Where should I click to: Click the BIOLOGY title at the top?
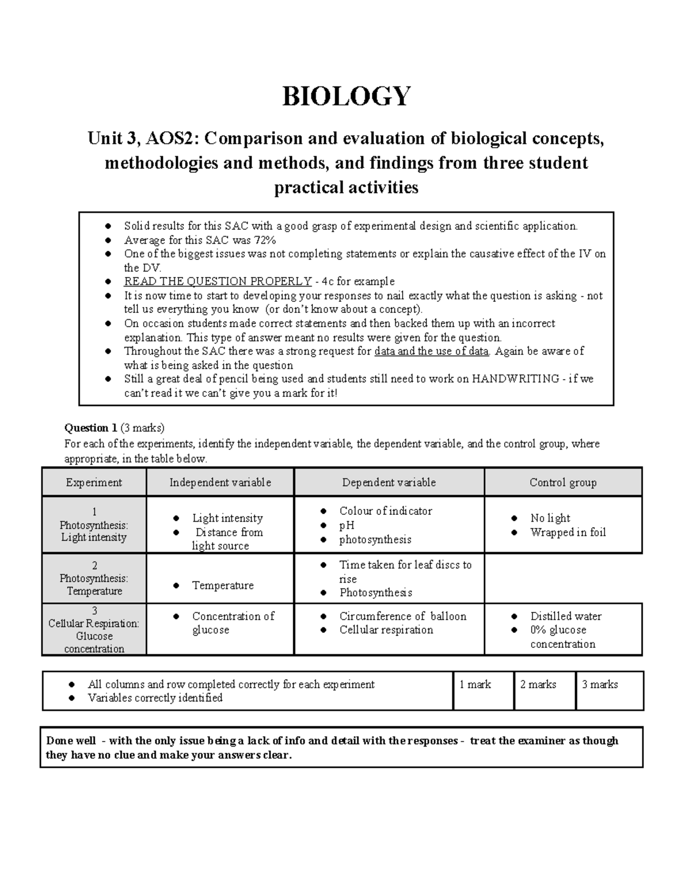pos(346,96)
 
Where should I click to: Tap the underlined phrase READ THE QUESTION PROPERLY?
pos(218,282)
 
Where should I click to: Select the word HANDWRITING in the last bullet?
pos(515,379)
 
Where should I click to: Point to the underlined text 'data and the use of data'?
pos(431,351)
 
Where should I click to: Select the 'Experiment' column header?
pos(94,482)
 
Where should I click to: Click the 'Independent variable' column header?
pos(220,482)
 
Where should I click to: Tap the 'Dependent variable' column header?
pos(389,482)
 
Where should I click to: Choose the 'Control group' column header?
pos(563,482)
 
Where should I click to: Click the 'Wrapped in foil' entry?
pos(568,532)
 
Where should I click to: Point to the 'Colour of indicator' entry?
pos(385,511)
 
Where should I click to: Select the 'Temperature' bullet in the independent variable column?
pos(223,586)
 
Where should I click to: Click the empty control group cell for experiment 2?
pos(563,578)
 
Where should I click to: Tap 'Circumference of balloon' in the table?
pos(403,616)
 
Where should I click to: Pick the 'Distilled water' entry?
pos(565,616)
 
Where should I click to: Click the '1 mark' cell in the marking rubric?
pos(475,685)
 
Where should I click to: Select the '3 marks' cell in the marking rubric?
pos(600,685)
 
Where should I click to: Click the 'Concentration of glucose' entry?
pos(233,623)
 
